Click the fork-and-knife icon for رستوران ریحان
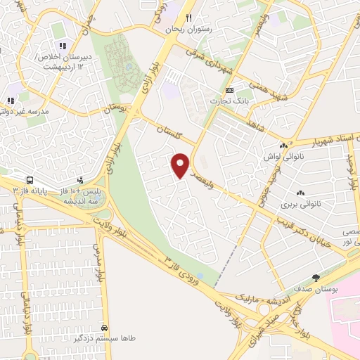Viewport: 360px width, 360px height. pos(188,18)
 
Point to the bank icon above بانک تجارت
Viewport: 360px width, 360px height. pos(229,91)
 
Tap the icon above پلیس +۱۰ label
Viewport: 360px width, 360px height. pos(81,180)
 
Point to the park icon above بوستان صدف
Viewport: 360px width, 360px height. pos(316,277)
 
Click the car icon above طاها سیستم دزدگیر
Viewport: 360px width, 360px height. pos(105,328)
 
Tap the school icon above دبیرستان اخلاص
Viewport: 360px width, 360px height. pos(62,46)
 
